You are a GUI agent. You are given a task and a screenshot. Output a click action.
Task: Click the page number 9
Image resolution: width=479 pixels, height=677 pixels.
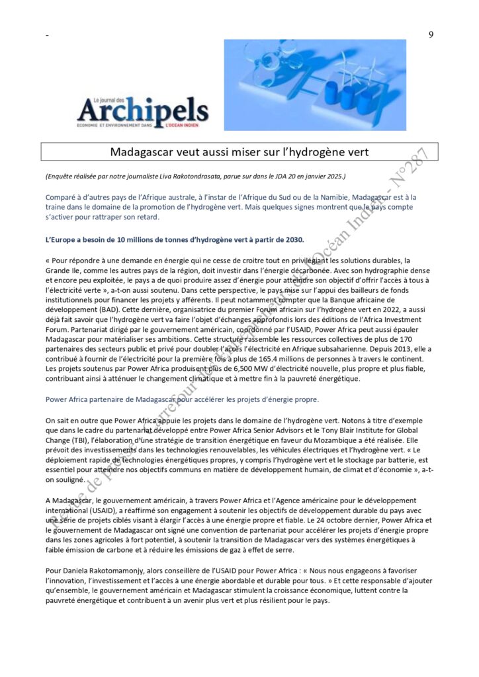click(431, 35)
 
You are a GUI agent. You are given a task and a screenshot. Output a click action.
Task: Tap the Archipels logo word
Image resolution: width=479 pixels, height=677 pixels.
click(143, 110)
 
